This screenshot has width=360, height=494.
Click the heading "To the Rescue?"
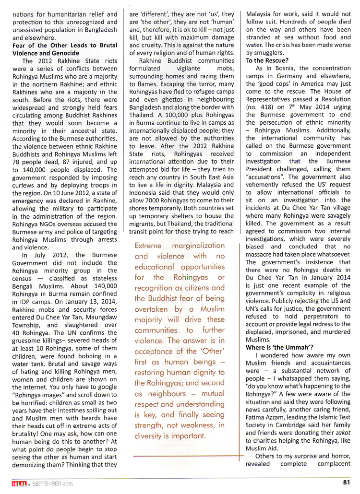pyautogui.click(x=267, y=60)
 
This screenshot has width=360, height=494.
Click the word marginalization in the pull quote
pyautogui.click(x=197, y=246)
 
